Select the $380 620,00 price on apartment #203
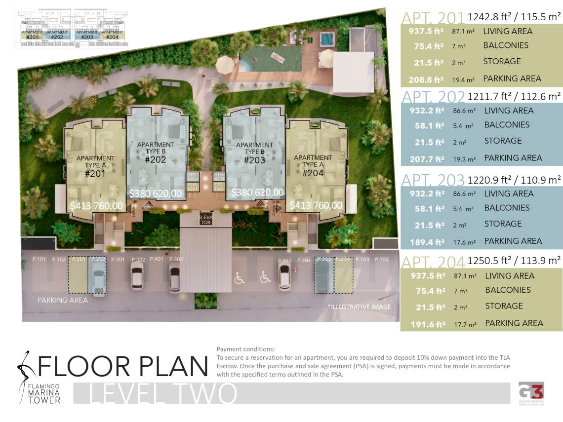257,192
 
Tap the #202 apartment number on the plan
155,159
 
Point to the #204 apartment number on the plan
313,173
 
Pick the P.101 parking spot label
39,259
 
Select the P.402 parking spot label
176,259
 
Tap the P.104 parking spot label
382,259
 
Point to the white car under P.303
284,276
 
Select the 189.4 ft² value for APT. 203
427,242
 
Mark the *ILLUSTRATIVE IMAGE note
359,307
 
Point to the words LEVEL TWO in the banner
163,393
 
